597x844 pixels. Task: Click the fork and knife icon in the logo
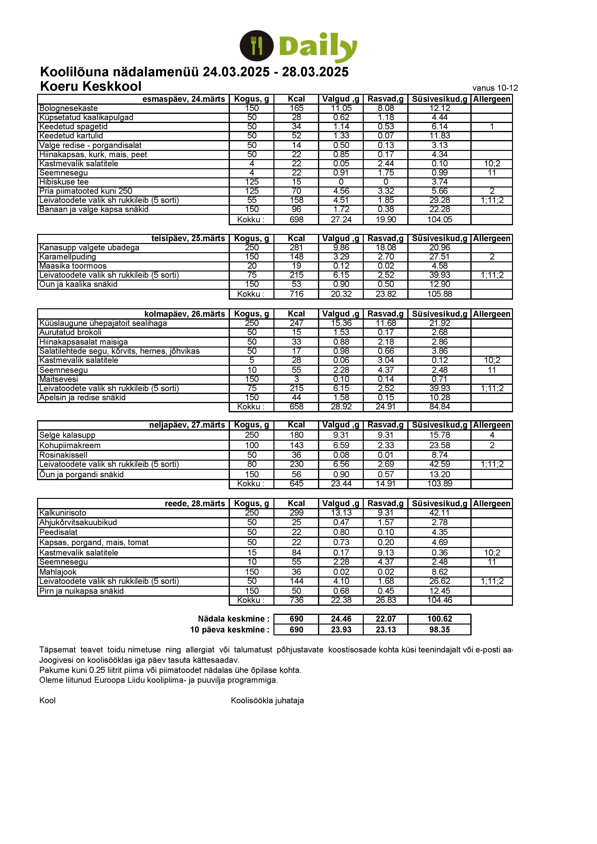coord(256,46)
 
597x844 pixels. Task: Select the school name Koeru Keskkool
coord(91,86)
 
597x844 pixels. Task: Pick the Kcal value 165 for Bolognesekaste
coord(296,109)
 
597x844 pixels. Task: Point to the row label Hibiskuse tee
coord(64,182)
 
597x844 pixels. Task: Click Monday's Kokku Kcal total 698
coord(296,220)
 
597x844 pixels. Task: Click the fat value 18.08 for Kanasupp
coord(386,248)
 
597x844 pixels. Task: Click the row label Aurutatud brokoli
coord(70,332)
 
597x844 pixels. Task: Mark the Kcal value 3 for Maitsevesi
coord(296,379)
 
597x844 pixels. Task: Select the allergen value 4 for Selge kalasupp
coord(492,435)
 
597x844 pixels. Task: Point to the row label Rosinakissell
coord(63,455)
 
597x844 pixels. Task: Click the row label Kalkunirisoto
coord(63,513)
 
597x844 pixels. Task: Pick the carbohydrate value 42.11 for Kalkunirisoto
coord(439,513)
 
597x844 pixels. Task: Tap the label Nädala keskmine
coord(234,619)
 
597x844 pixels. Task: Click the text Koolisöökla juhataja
coord(267,701)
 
